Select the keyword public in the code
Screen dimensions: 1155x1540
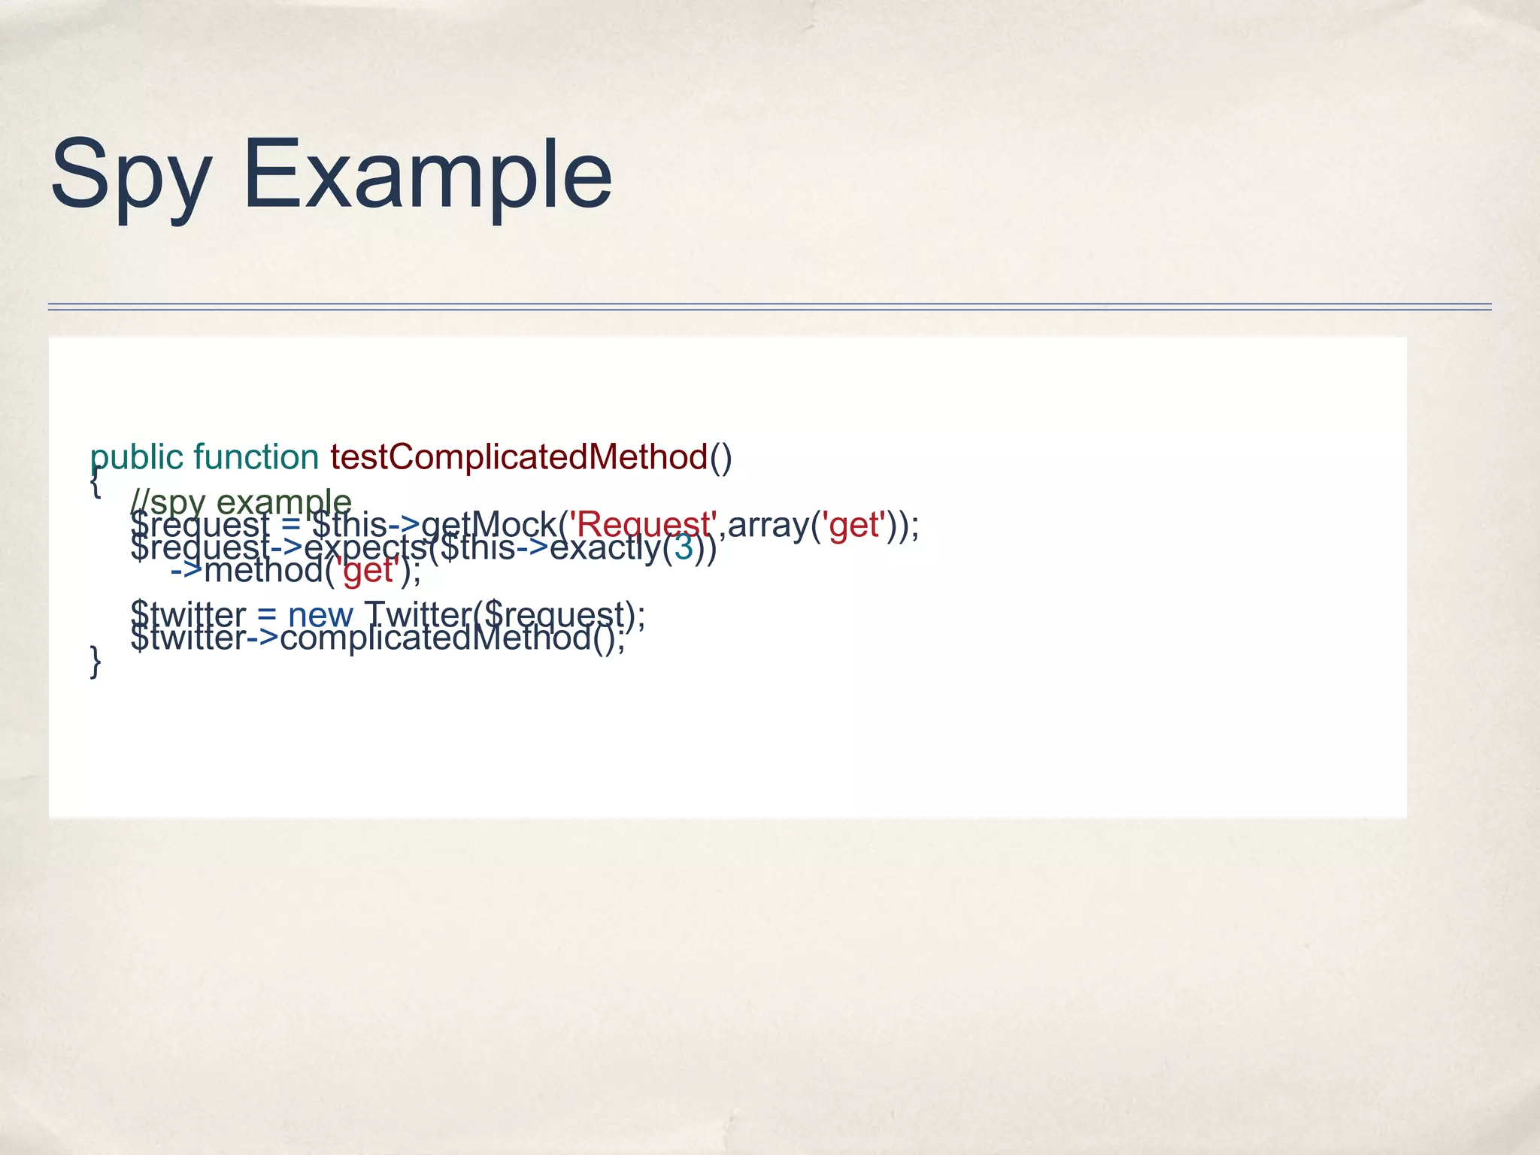(136, 457)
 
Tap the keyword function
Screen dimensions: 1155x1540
(256, 457)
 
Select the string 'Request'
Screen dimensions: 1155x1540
(641, 524)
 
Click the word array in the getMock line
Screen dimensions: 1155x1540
(768, 524)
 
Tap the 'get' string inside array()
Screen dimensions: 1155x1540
(853, 524)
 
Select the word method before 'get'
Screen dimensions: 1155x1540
(263, 571)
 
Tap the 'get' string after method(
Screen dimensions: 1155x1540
(368, 571)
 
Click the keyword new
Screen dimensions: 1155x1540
(320, 614)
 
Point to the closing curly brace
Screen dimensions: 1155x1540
(95, 662)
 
